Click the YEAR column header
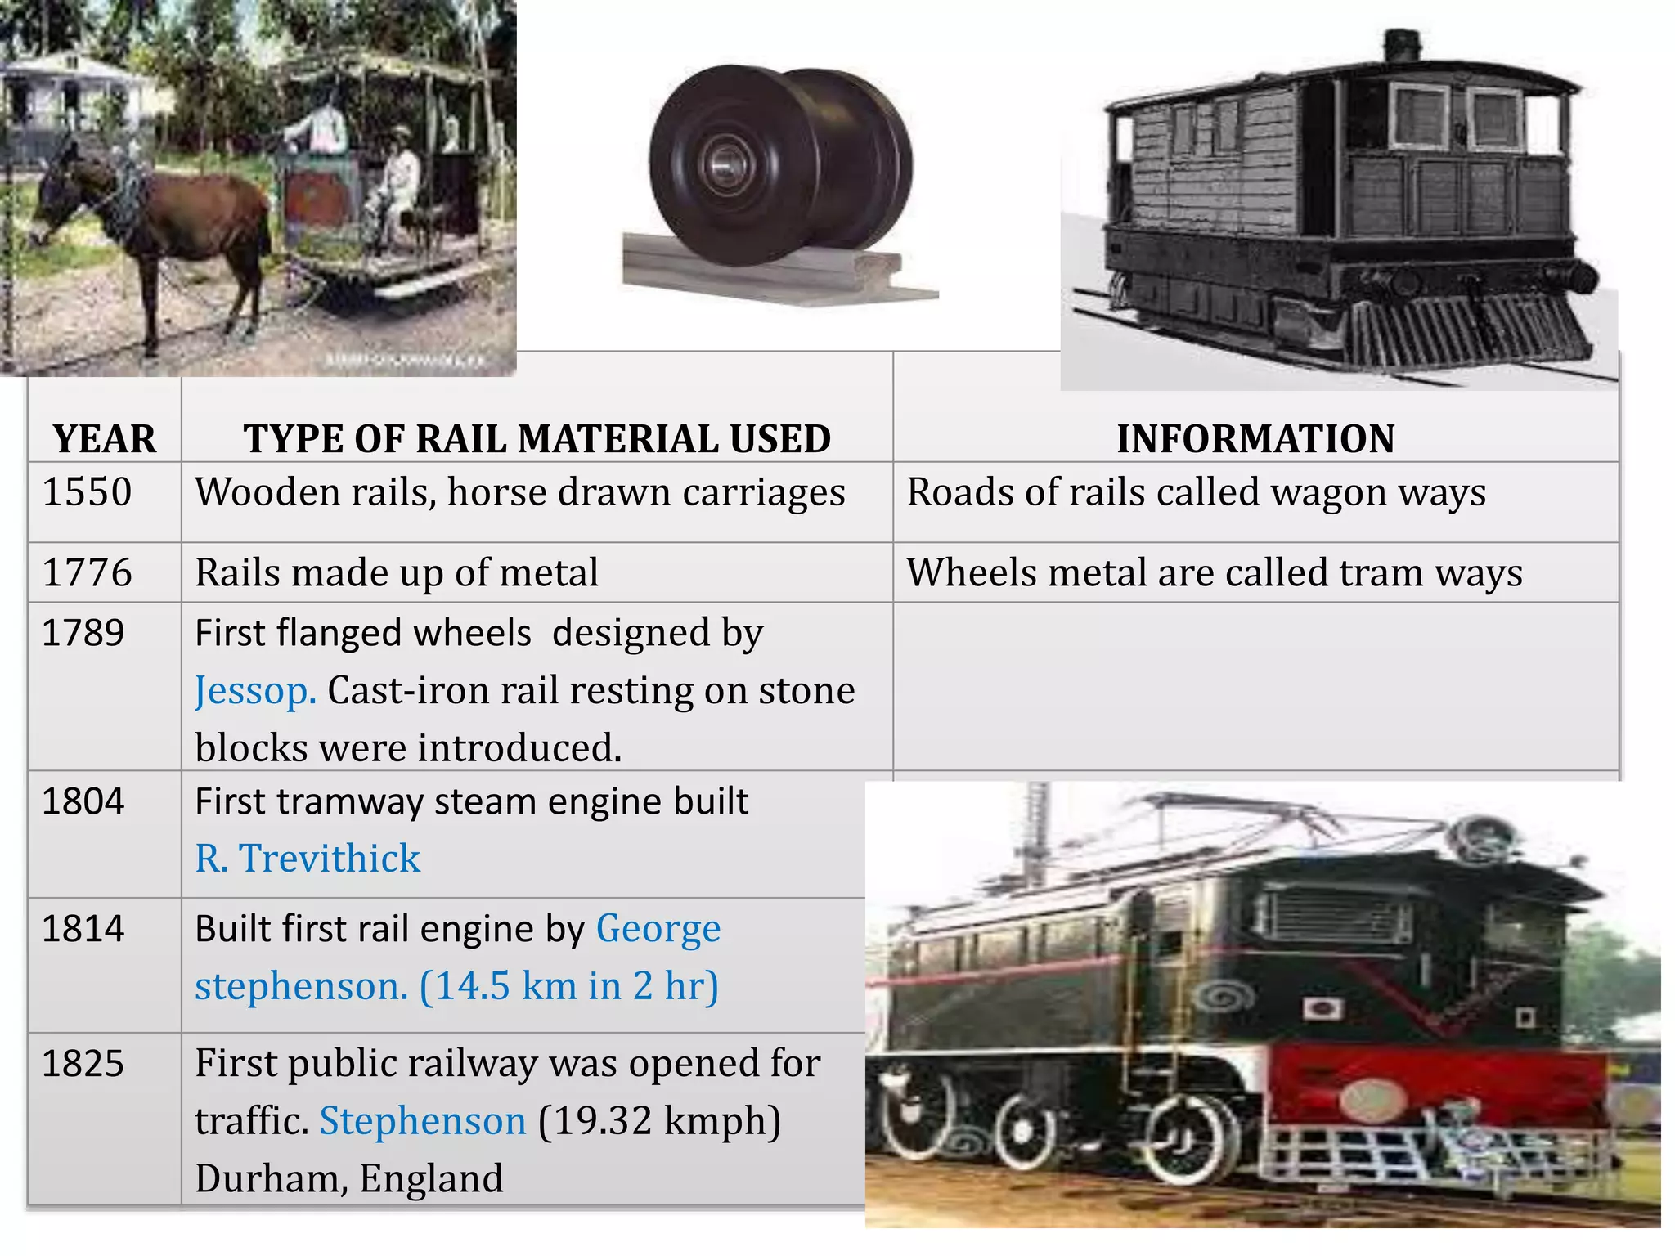104,439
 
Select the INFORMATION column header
1255,439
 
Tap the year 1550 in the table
87,492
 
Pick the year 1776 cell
87,572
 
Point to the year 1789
83,633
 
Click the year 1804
83,801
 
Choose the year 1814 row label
83,929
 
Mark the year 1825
83,1064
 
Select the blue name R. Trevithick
308,859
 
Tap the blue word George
658,929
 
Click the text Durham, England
349,1178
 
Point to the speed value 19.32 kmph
658,1121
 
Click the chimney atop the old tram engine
1402,45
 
